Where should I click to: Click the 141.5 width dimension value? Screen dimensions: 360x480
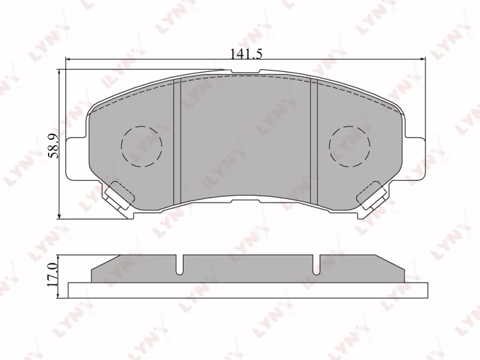(246, 53)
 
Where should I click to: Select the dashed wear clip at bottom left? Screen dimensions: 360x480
(119, 193)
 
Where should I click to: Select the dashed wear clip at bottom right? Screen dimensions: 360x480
(372, 193)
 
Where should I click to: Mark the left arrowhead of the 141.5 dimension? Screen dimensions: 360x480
(68, 59)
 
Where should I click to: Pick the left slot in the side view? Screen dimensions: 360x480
(180, 264)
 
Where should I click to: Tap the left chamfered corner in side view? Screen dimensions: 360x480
(107, 262)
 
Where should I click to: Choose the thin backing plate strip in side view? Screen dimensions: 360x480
(248, 290)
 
